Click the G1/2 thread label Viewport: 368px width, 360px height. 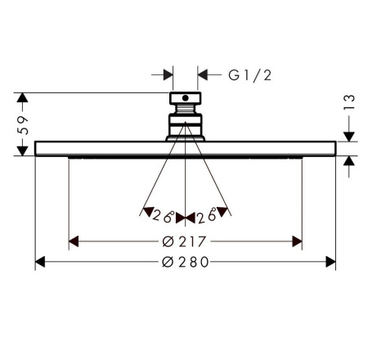pos(250,75)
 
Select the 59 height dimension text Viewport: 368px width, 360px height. pos(23,125)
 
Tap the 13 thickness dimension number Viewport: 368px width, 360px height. pos(349,102)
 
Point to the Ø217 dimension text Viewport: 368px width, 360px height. pos(184,241)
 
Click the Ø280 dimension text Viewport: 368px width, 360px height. pos(185,262)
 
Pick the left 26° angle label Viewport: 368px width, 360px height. pos(163,216)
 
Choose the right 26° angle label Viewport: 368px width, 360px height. pos(207,215)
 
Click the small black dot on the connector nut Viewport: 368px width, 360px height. pos(186,98)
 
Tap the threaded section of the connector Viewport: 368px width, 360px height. pos(186,109)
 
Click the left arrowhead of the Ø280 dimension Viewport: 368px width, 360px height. pos(40,262)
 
